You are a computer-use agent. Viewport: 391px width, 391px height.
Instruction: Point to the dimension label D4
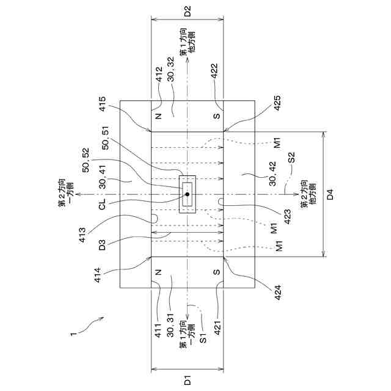331,195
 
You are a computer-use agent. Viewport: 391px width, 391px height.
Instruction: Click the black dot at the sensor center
188,194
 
